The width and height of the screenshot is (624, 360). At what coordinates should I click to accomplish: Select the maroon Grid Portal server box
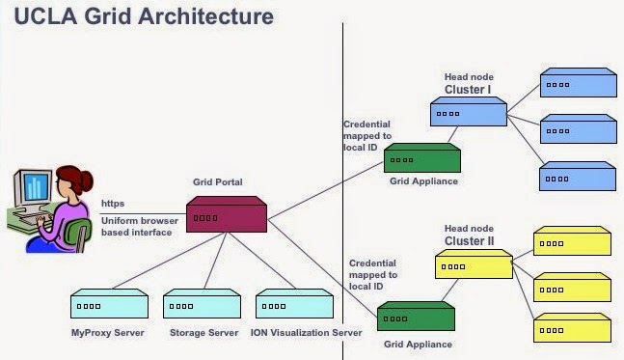[226, 214]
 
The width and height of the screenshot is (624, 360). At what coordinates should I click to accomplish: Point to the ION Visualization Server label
[307, 333]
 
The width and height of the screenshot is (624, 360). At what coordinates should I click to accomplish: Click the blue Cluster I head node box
[468, 112]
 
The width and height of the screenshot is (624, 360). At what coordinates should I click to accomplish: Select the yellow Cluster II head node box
[474, 263]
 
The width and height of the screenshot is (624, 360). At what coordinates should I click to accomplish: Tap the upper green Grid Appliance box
[421, 157]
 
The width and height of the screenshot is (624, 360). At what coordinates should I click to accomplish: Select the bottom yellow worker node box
[572, 328]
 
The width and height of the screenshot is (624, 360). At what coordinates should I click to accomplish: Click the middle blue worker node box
[578, 127]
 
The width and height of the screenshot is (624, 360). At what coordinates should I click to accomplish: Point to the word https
[114, 205]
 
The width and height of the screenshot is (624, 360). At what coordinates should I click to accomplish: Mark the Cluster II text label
[469, 240]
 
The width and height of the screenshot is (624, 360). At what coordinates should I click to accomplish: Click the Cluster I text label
[468, 90]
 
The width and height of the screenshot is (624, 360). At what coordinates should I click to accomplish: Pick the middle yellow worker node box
[572, 286]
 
